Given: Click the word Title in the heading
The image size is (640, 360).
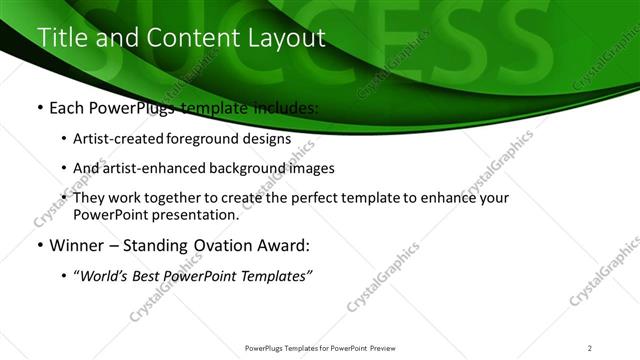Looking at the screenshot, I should pyautogui.click(x=60, y=38).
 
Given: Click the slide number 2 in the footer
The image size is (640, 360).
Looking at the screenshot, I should pyautogui.click(x=590, y=348).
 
